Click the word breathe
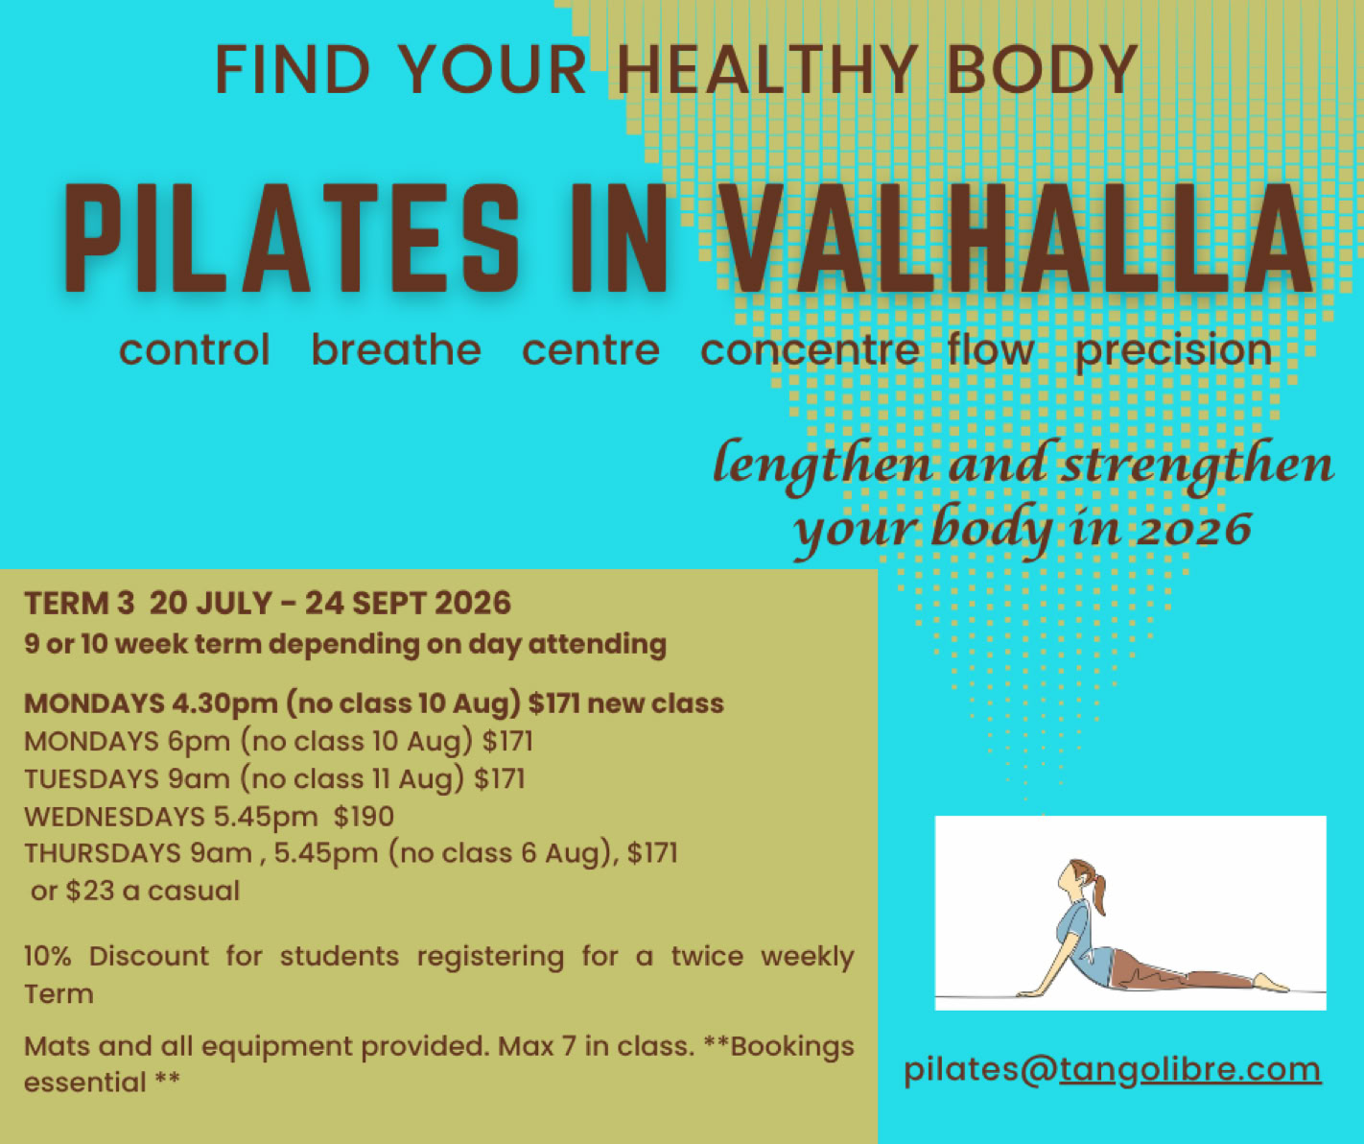click(x=396, y=349)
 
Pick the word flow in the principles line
click(x=991, y=349)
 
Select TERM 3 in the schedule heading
click(x=79, y=603)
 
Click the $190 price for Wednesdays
click(x=364, y=817)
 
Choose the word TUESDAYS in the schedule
click(x=91, y=779)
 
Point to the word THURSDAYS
click(x=103, y=853)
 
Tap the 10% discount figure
click(x=47, y=957)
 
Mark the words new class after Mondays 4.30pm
click(x=655, y=704)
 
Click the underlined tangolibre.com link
click(x=1189, y=1070)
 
